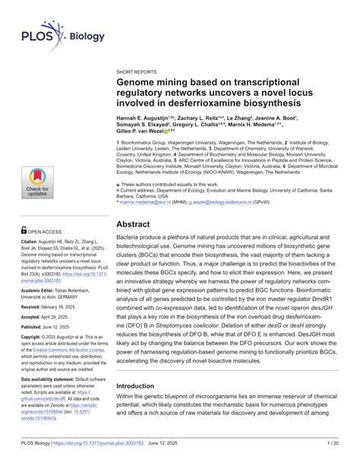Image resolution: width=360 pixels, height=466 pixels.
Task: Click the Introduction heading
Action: coord(140,386)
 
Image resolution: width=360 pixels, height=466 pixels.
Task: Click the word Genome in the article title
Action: coord(140,81)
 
